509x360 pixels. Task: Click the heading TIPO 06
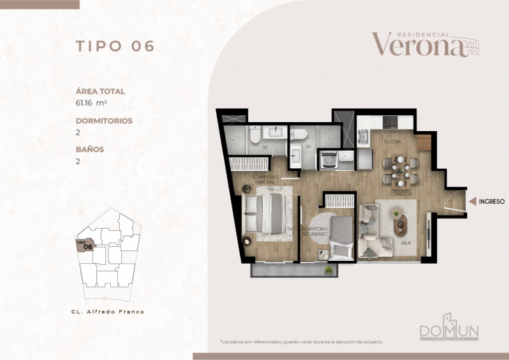(114, 46)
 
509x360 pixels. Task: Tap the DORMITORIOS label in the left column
(104, 120)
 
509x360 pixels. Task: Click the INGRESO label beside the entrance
(492, 201)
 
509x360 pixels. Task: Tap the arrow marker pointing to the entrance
(472, 201)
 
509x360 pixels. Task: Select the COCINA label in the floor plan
(392, 141)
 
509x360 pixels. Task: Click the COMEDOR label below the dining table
(400, 193)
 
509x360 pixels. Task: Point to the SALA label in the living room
(404, 243)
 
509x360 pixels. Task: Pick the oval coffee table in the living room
(400, 223)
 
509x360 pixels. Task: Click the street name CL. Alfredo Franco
(108, 311)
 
